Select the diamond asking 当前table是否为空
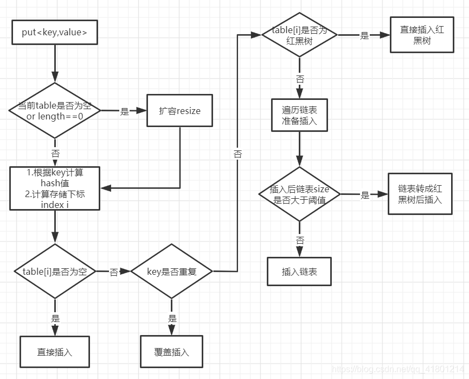pyautogui.click(x=55, y=110)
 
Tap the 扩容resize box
pyautogui.click(x=179, y=111)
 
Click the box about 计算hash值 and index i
pyautogui.click(x=55, y=188)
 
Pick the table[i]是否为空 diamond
pyautogui.click(x=55, y=271)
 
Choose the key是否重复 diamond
pyautogui.click(x=172, y=271)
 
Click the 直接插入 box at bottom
pyautogui.click(x=55, y=351)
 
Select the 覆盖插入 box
pyautogui.click(x=172, y=352)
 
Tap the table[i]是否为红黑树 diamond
pyautogui.click(x=299, y=36)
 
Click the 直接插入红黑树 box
pyautogui.click(x=422, y=35)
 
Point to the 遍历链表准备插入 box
pyautogui.click(x=299, y=115)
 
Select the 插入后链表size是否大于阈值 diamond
pyautogui.click(x=299, y=194)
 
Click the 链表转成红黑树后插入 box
pyautogui.click(x=420, y=194)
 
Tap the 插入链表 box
pyautogui.click(x=299, y=271)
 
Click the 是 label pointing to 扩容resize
pyautogui.click(x=125, y=111)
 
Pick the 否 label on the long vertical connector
pyautogui.click(x=237, y=154)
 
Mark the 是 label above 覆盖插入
pyautogui.click(x=172, y=319)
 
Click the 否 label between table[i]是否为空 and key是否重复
pyautogui.click(x=114, y=272)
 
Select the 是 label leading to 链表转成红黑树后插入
pyautogui.click(x=365, y=195)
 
